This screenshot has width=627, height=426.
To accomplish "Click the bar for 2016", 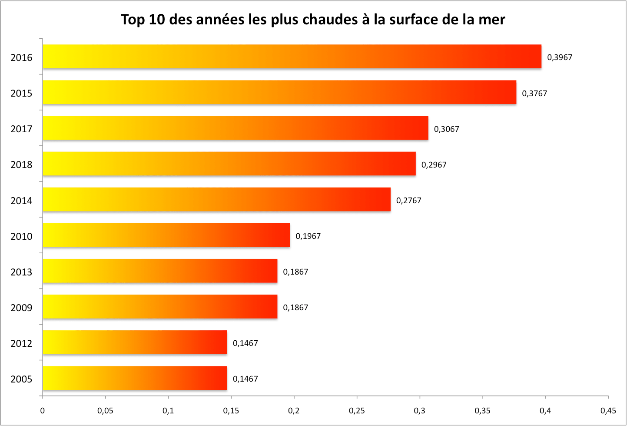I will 292,57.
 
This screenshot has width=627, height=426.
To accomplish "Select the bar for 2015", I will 279,92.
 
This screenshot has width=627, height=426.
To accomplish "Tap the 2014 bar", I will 216,199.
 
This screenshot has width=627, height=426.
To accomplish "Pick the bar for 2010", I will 166,235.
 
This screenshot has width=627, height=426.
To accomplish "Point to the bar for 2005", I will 135,378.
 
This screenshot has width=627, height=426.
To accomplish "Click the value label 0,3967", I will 560,57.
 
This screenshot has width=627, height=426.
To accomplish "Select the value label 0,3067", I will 446,129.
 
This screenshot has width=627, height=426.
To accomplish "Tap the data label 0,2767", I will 408,200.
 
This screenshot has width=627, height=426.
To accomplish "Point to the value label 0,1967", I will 308,236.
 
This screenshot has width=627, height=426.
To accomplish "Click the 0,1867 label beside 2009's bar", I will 295,307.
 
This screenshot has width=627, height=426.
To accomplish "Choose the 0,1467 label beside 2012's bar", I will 245,343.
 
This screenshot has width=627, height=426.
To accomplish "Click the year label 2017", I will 21,129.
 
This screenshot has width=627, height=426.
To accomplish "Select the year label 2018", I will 21,164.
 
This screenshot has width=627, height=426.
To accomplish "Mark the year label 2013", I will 21,272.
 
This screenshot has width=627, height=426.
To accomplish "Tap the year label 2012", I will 21,343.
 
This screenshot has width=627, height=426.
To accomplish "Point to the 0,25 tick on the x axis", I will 357,411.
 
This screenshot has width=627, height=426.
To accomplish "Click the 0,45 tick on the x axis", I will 608,411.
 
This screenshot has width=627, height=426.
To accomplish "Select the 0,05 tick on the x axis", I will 105,411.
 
